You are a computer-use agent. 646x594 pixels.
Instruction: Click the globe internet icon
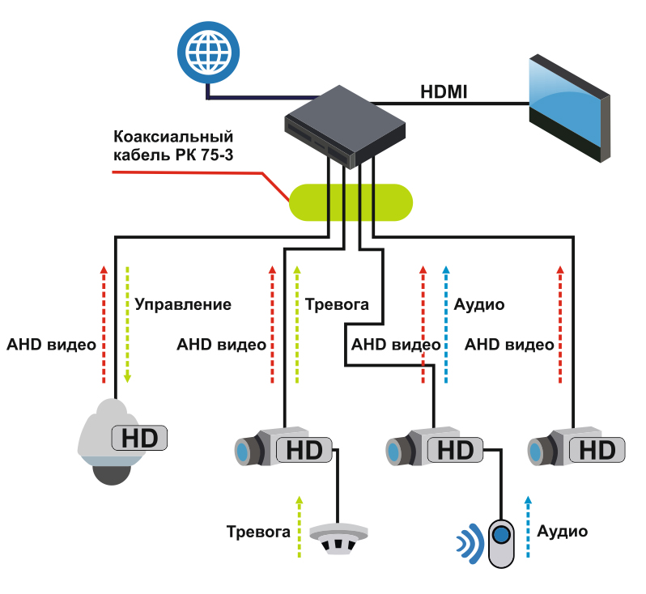point(209,53)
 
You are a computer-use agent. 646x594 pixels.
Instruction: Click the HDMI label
point(444,91)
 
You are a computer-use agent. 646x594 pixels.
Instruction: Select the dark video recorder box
point(345,126)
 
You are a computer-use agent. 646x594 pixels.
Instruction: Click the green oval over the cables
point(351,202)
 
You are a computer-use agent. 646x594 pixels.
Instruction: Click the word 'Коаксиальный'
point(173,136)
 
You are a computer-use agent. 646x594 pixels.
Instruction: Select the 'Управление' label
point(183,304)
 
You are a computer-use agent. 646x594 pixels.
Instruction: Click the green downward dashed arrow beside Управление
point(127,325)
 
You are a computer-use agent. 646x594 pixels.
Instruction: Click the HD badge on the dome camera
point(140,438)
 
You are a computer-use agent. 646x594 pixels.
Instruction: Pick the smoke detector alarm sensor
point(338,538)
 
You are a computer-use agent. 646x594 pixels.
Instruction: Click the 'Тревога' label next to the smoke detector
point(258,532)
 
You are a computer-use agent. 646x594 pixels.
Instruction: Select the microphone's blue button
point(501,535)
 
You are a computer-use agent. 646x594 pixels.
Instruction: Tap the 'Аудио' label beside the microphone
point(562,532)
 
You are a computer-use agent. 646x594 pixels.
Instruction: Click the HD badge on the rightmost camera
point(597,450)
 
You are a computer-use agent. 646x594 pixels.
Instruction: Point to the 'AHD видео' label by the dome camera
point(52,345)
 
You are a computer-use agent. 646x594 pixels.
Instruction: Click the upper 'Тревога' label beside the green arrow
point(337,304)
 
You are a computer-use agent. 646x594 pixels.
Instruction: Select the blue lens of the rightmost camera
point(535,452)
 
